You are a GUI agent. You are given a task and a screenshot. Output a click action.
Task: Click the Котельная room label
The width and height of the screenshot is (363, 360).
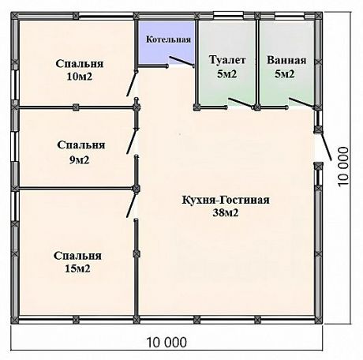click(x=168, y=39)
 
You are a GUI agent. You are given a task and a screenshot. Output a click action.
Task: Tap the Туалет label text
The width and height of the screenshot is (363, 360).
click(x=227, y=60)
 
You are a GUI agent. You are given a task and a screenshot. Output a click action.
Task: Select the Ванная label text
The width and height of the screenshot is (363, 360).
click(x=286, y=60)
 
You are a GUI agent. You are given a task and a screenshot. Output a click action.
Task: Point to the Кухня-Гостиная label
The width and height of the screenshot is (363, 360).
click(x=226, y=200)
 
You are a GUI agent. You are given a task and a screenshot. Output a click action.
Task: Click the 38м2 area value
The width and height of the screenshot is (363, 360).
click(x=226, y=212)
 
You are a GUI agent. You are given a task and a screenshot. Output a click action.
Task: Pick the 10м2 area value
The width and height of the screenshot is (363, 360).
click(x=80, y=77)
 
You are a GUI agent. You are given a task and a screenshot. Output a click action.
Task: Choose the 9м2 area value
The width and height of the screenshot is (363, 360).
click(x=80, y=159)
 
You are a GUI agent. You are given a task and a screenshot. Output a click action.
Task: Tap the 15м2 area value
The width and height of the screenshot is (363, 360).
click(x=77, y=269)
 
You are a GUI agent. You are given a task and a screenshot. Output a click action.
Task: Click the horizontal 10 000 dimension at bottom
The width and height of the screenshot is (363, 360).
click(x=167, y=343)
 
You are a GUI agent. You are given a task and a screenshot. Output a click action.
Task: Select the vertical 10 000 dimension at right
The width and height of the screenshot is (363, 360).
click(x=343, y=167)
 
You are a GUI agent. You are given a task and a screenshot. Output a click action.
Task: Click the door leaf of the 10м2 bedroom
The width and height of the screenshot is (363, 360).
click(x=132, y=84)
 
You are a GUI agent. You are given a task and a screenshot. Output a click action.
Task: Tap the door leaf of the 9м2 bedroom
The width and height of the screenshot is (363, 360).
click(x=132, y=141)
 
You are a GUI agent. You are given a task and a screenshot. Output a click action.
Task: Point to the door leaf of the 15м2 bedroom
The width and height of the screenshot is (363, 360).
click(x=131, y=205)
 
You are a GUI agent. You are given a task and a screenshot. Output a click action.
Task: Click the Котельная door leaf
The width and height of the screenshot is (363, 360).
click(x=181, y=61)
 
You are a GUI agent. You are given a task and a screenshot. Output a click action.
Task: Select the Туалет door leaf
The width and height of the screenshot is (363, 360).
click(x=241, y=103)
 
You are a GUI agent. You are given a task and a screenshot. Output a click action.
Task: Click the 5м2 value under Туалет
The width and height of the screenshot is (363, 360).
click(x=227, y=74)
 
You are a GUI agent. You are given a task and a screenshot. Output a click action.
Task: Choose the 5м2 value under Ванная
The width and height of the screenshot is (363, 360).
click(x=285, y=74)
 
